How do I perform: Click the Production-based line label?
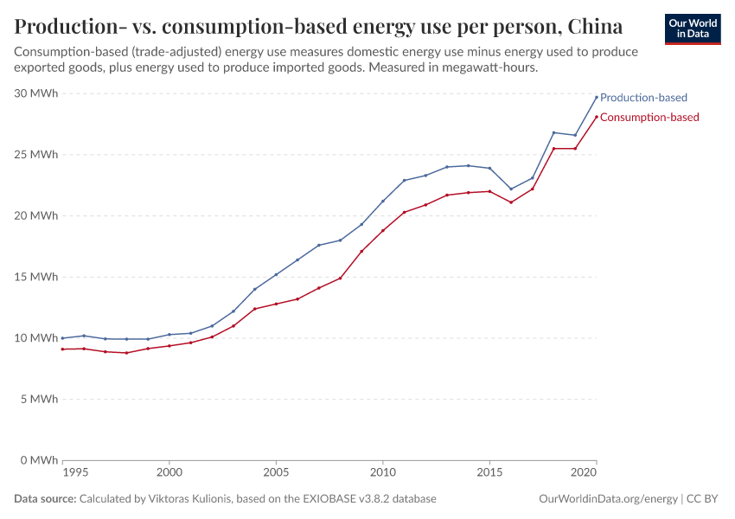[643, 98]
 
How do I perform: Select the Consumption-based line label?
[649, 117]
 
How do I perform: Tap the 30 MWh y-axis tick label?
[36, 93]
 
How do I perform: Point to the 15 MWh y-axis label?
[36, 277]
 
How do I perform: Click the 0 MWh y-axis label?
[40, 460]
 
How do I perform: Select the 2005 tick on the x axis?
[276, 473]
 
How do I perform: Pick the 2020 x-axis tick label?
[585, 473]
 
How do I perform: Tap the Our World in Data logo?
[693, 29]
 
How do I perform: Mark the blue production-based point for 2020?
[597, 97]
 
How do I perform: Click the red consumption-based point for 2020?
[597, 117]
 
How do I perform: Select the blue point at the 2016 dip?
[511, 189]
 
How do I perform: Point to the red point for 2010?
[383, 230]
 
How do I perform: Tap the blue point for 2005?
[276, 274]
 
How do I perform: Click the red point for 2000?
[169, 345]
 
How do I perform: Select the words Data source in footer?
[45, 499]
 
